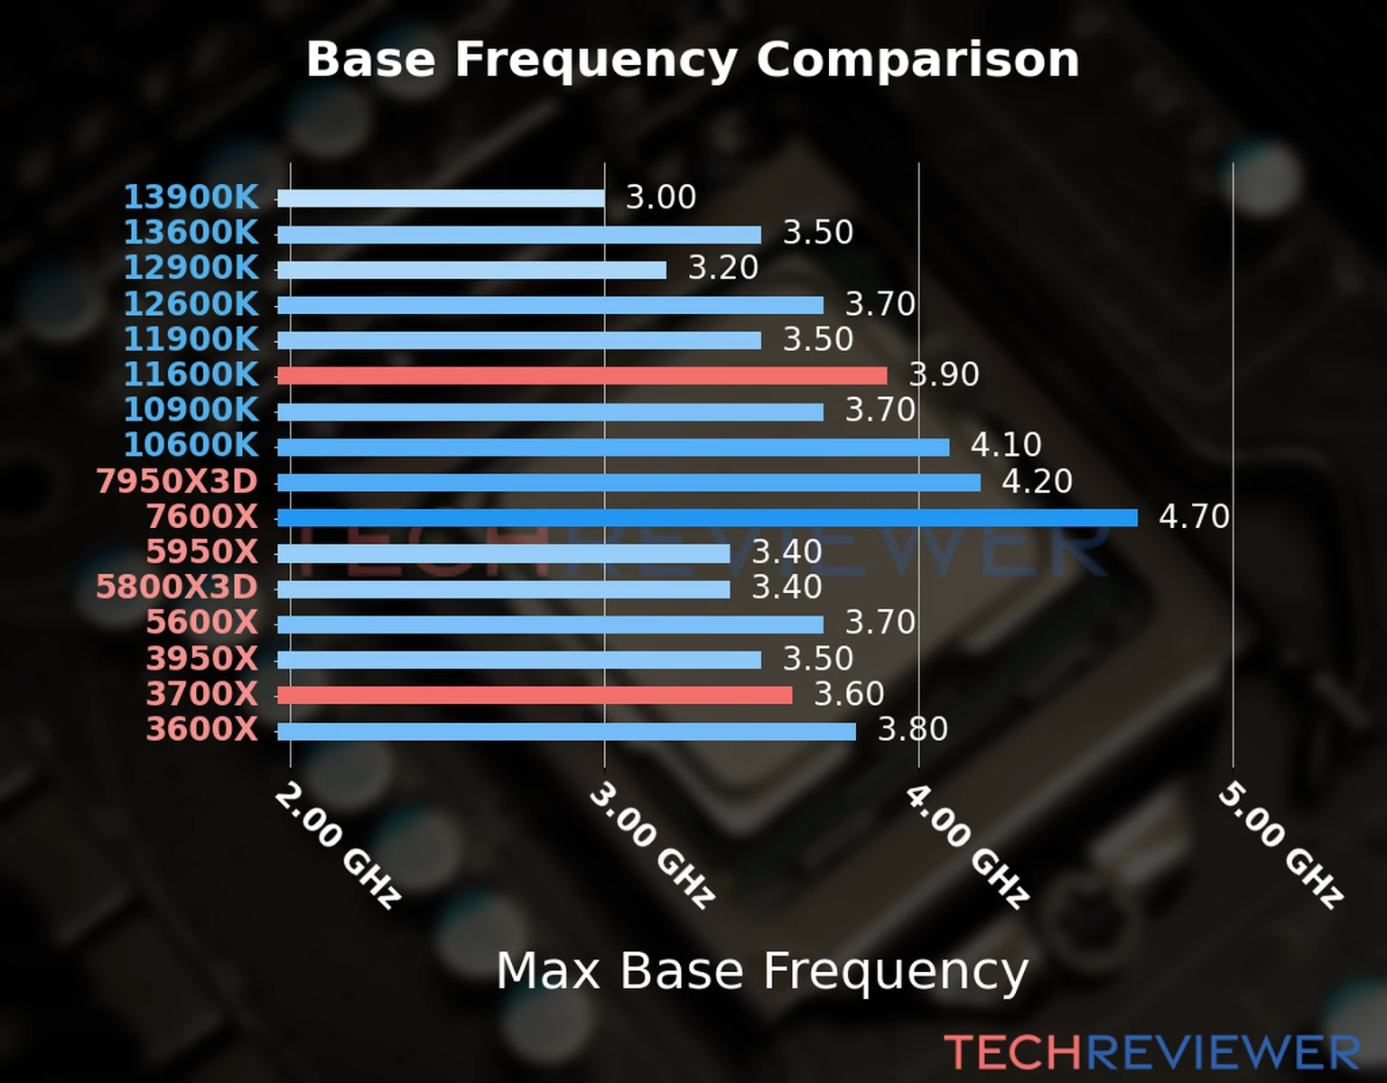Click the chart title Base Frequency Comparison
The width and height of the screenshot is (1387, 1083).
click(x=693, y=60)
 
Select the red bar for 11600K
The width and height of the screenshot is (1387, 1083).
click(x=582, y=375)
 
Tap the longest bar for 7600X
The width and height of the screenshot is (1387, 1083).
click(x=707, y=517)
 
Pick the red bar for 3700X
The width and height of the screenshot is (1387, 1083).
click(x=535, y=695)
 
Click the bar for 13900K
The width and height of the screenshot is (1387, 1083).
click(x=441, y=199)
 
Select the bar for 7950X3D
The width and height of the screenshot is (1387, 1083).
click(x=628, y=483)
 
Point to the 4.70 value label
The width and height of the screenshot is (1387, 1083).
click(x=1194, y=517)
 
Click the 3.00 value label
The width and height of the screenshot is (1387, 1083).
click(x=661, y=198)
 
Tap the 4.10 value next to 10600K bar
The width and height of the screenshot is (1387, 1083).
click(x=1006, y=445)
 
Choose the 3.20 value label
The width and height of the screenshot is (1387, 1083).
click(x=723, y=268)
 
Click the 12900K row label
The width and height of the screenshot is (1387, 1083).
click(x=191, y=268)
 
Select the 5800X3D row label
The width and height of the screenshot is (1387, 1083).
click(x=177, y=588)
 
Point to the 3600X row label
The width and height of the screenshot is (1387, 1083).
click(x=202, y=729)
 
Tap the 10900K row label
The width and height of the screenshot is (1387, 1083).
click(x=191, y=410)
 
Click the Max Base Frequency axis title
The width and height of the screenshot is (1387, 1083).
click(x=762, y=971)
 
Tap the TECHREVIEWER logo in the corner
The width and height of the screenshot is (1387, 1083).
click(x=1151, y=1052)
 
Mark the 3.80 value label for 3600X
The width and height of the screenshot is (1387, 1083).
click(x=913, y=729)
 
